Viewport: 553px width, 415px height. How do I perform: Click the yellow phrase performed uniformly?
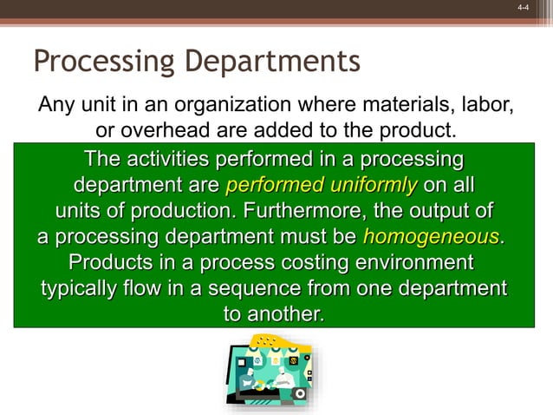[x=322, y=186]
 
